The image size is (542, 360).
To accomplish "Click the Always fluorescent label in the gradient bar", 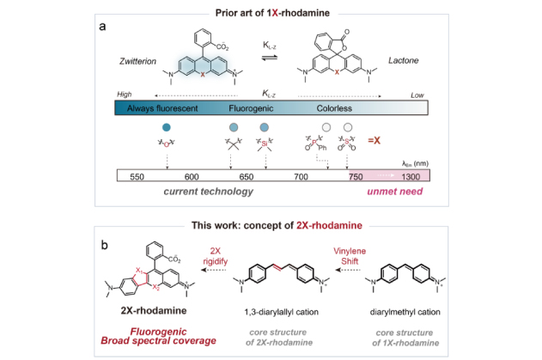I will tap(163, 110).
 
